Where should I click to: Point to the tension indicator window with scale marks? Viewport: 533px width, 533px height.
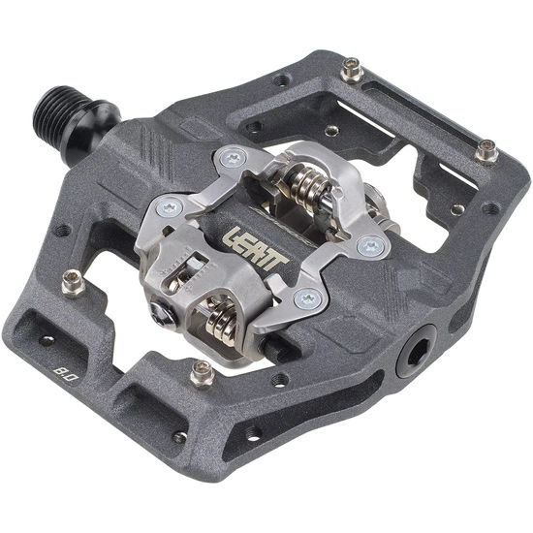coord(184,271)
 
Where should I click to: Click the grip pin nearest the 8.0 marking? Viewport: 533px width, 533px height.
coord(72,282)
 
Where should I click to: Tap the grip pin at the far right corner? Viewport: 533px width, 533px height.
coord(486,151)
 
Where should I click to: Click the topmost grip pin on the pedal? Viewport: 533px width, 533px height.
coord(351,69)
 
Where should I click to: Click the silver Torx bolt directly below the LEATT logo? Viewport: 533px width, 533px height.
coord(309,298)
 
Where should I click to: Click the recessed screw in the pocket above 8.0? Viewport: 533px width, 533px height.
coord(46,340)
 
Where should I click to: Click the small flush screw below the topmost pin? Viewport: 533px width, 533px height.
coord(332,131)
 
